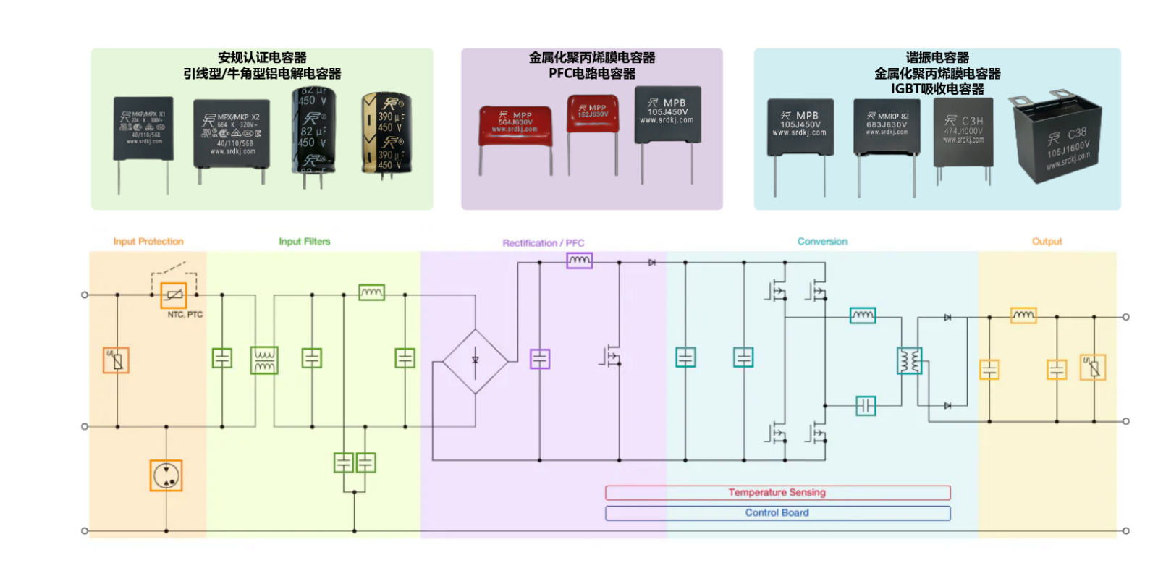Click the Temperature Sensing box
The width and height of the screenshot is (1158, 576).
click(x=777, y=493)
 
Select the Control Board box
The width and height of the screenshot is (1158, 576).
click(x=777, y=513)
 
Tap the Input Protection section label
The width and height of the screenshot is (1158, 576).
click(x=148, y=242)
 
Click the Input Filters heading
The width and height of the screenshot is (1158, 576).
click(x=305, y=242)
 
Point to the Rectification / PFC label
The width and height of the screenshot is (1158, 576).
click(x=544, y=243)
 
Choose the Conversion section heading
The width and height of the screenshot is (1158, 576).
click(x=822, y=242)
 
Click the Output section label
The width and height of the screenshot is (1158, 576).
click(x=1047, y=242)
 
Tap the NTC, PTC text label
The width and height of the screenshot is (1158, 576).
click(x=185, y=315)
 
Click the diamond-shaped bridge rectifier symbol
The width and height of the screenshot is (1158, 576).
click(x=475, y=360)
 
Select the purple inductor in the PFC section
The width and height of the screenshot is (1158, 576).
click(x=579, y=261)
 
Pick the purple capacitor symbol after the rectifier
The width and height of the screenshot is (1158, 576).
click(x=540, y=359)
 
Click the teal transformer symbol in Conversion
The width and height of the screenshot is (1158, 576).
click(x=910, y=360)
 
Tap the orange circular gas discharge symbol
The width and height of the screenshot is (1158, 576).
click(x=166, y=475)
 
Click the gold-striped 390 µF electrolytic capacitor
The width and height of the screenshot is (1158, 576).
click(x=386, y=134)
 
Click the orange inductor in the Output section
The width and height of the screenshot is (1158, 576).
click(x=1023, y=315)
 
